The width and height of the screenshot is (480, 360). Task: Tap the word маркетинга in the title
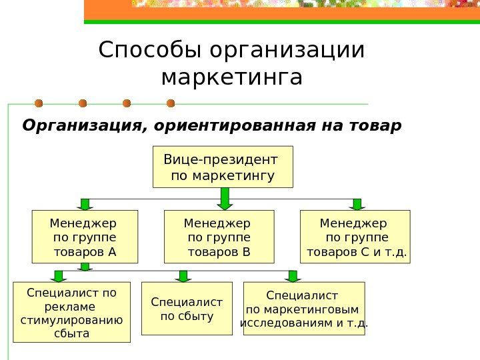(232, 77)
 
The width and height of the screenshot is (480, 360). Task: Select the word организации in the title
(287, 50)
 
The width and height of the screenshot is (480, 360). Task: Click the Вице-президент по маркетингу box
(223, 167)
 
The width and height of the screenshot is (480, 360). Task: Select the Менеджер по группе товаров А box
(85, 237)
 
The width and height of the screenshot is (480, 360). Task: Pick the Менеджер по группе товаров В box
(219, 237)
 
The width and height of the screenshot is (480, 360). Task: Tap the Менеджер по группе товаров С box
(356, 237)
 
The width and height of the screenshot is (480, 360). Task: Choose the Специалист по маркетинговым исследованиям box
(305, 309)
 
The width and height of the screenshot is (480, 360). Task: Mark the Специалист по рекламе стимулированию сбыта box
(72, 312)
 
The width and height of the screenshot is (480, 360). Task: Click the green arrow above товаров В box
(225, 199)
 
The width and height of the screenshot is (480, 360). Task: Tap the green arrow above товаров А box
(85, 204)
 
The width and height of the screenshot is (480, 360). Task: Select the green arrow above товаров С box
(357, 204)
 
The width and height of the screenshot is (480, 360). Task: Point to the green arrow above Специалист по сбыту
(185, 275)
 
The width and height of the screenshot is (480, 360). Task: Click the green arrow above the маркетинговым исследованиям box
(292, 275)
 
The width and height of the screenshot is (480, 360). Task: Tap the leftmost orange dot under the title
(39, 103)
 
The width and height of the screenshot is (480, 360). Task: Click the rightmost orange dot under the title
(171, 103)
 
